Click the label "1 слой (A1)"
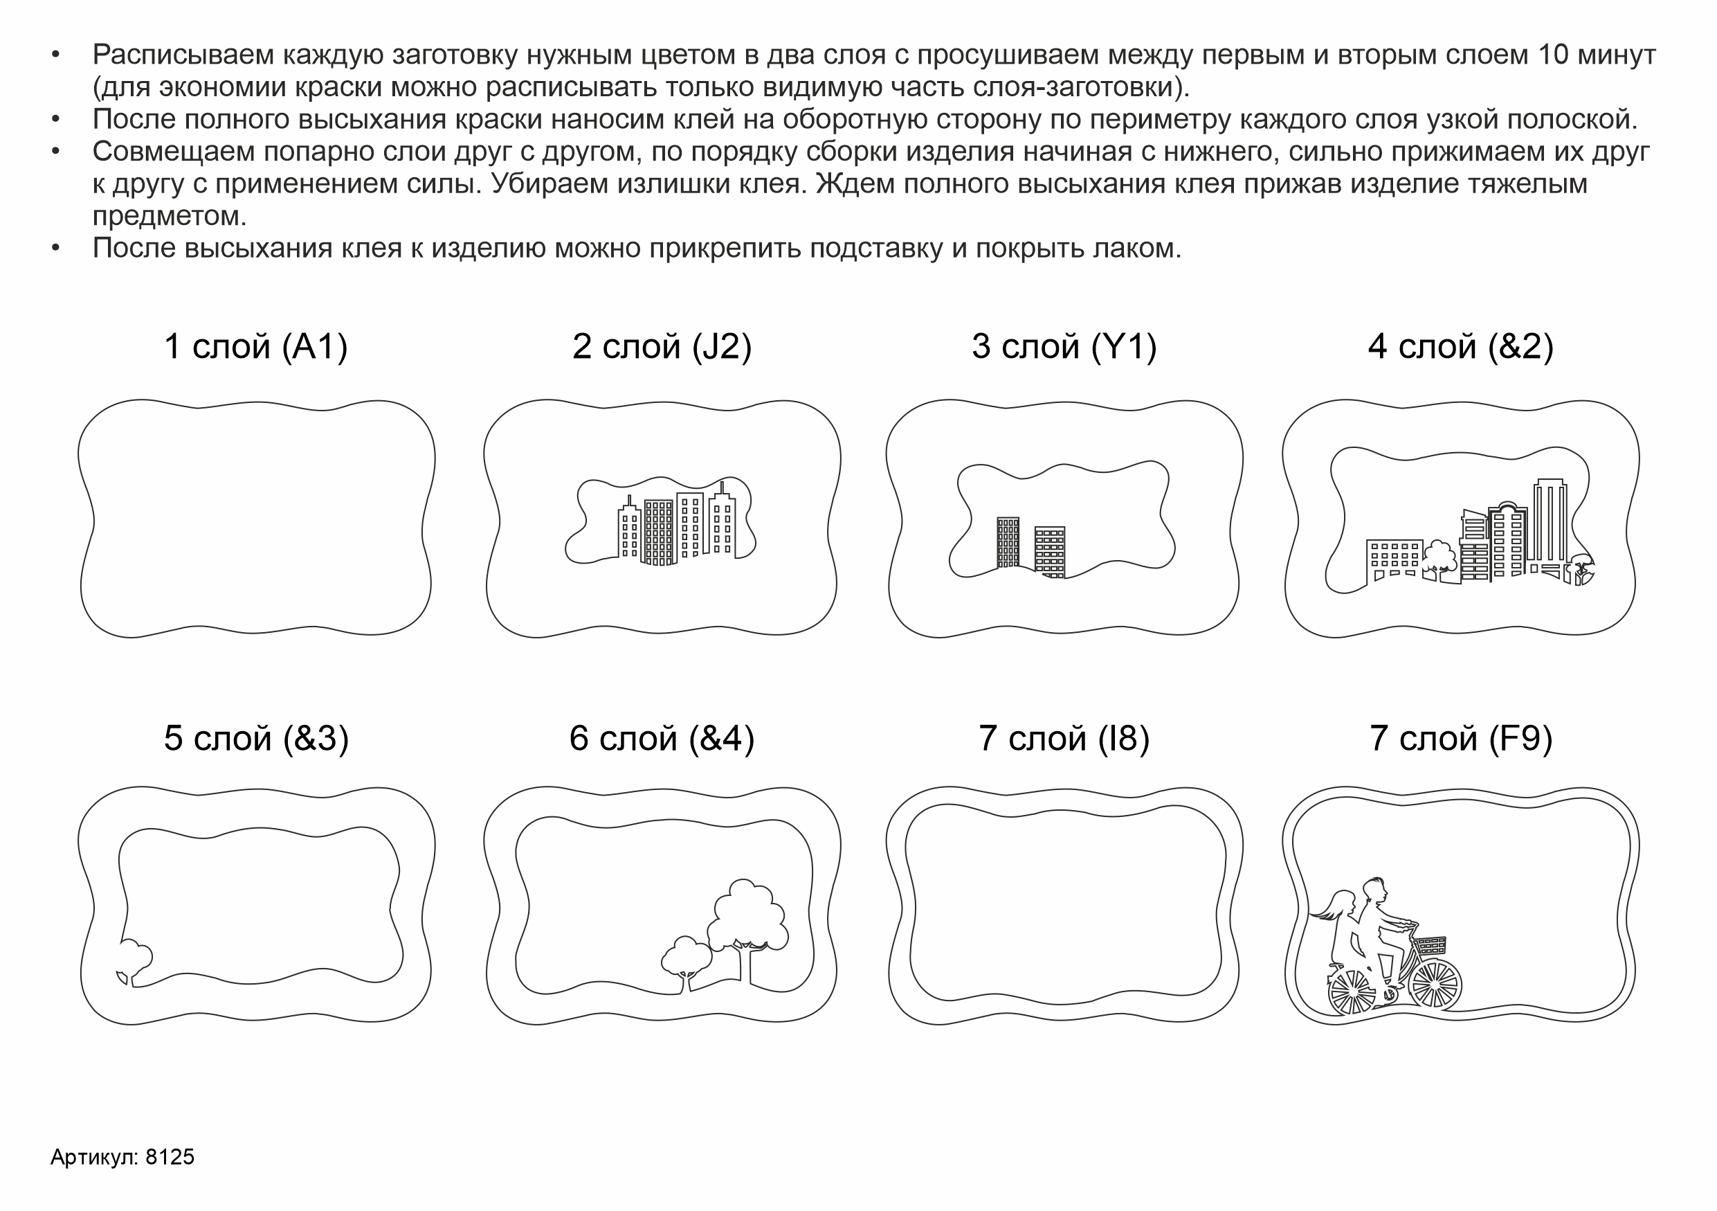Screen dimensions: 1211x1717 pos(256,347)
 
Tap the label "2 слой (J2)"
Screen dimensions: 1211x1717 pos(662,347)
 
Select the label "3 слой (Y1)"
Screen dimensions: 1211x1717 pos(1064,347)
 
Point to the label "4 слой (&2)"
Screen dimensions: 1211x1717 pos(1460,347)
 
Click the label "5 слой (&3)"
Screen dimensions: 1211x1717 pos(257,739)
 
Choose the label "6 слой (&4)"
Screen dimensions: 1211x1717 pos(662,739)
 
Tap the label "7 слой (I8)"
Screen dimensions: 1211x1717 pos(1064,739)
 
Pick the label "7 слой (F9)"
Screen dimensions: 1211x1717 pos(1461,739)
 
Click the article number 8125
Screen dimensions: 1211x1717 pos(170,1157)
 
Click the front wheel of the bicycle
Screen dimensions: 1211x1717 pos(1435,984)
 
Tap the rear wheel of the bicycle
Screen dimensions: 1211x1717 pos(1352,992)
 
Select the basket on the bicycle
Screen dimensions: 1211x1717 pos(1428,944)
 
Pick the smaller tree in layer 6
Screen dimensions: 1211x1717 pos(686,958)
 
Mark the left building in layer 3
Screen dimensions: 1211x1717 pos(1008,542)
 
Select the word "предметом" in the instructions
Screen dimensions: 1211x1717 pos(170,216)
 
